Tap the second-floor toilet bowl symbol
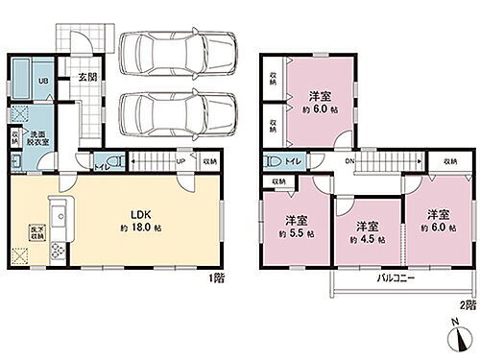pos(276,161)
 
